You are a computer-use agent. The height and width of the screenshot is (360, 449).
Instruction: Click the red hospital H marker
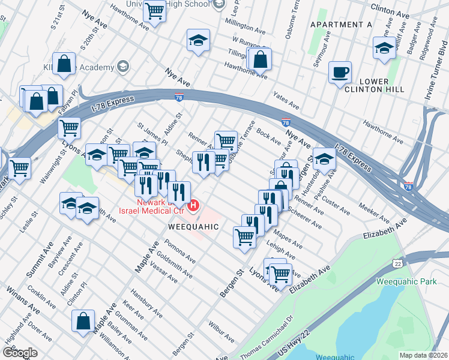tap(193, 207)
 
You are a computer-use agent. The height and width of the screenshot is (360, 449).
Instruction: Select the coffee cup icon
tap(340, 72)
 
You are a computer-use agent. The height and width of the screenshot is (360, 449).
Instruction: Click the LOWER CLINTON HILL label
tap(370, 85)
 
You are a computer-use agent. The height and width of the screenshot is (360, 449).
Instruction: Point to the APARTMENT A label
tap(341, 24)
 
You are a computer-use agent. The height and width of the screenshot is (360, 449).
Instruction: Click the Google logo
tap(19, 352)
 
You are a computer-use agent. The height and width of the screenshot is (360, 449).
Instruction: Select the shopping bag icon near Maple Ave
tap(83, 320)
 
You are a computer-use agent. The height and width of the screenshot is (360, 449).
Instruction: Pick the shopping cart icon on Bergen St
tap(244, 238)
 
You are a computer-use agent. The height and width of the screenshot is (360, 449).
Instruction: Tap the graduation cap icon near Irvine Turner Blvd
tap(384, 49)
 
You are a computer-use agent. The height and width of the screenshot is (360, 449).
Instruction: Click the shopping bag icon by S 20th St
tap(64, 65)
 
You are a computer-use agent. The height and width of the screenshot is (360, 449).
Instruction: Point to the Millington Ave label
tap(245, 26)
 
